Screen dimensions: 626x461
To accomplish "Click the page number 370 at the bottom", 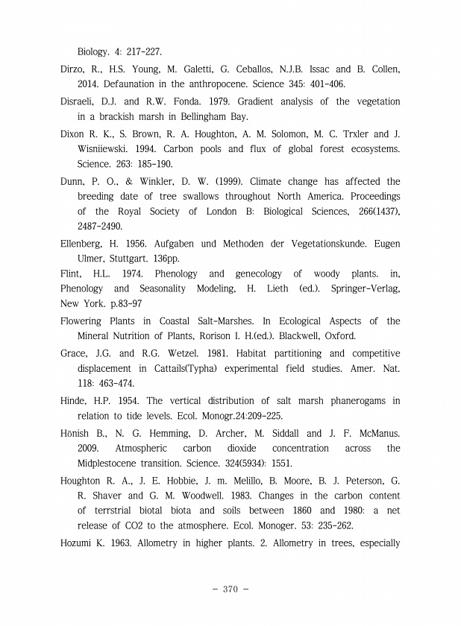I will [230, 589].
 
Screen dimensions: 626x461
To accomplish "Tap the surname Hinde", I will [74, 401].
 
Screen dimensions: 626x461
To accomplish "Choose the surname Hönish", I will [78, 433].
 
